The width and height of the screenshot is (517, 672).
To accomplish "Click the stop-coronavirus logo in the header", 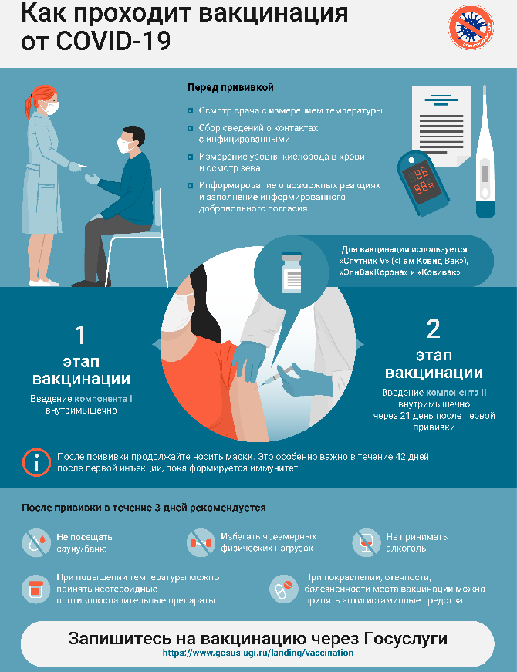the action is (471, 26).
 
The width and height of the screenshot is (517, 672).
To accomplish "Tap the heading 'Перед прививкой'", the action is (230, 87).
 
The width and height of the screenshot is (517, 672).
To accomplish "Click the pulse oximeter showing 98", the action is (422, 183).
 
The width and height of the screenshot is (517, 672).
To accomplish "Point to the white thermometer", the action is (485, 151).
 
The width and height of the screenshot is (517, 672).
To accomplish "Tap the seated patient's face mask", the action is (125, 145).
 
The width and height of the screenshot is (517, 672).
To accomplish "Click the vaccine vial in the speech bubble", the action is (292, 272).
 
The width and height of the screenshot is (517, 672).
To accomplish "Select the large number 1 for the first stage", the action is (80, 335).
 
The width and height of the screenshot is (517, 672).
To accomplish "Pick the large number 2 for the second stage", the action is (434, 329).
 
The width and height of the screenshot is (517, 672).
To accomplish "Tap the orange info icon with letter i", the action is (36, 462).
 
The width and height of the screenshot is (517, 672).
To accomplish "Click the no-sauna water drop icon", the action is (36, 542).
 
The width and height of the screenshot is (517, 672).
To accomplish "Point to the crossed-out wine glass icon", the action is (367, 542).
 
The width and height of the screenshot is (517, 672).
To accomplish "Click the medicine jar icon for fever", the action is (36, 589).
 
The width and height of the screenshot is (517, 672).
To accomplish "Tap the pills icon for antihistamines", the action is (283, 589).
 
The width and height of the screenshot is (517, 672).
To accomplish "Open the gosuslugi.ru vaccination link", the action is (258, 653).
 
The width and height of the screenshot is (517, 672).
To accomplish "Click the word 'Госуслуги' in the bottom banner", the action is (406, 639).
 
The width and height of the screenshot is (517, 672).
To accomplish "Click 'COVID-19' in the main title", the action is (113, 41).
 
